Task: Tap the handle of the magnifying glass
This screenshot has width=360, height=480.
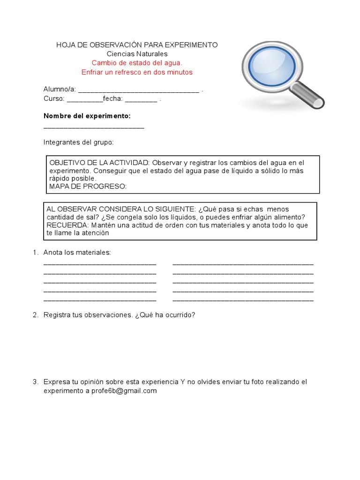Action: [307, 94]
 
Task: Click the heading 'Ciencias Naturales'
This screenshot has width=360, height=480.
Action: [137, 54]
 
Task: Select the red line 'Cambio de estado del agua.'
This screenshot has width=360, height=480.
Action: [137, 63]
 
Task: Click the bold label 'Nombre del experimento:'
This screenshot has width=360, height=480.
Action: [87, 116]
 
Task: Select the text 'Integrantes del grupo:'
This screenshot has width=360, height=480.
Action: [79, 142]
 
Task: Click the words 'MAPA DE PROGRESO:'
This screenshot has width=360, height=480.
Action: [88, 187]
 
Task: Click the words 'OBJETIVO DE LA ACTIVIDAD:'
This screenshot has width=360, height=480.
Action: [99, 162]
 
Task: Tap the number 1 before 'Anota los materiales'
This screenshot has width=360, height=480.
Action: [35, 253]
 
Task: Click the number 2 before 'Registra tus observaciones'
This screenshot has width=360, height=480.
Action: [35, 315]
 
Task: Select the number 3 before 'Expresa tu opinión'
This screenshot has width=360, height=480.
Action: [35, 382]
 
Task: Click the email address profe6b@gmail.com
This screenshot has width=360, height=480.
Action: [124, 391]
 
